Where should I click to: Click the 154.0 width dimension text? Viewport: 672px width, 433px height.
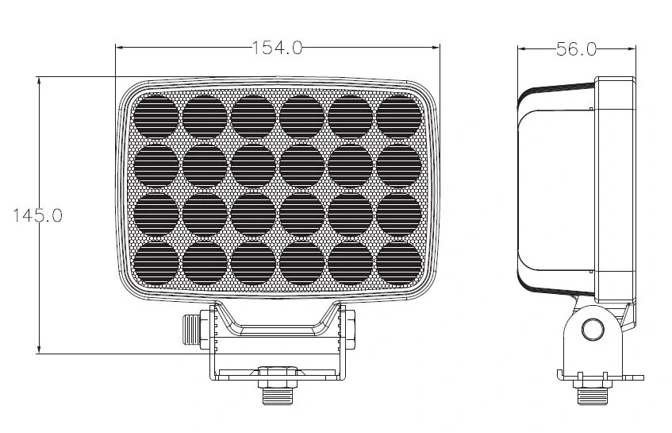[x=278, y=48]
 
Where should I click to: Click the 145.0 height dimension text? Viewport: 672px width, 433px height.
[x=37, y=215]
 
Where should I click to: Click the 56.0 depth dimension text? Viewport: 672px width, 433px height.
[x=575, y=48]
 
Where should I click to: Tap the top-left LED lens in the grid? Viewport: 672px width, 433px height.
[x=156, y=115]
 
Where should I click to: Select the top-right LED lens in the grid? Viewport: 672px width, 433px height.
[x=398, y=115]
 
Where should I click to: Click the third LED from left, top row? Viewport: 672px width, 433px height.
[x=253, y=115]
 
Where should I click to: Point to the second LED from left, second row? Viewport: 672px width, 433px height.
[x=205, y=164]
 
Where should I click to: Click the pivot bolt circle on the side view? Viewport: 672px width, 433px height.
[x=591, y=330]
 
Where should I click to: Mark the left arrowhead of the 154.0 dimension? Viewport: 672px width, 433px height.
[x=120, y=48]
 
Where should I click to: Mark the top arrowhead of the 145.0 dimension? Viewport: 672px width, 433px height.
[x=38, y=80]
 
